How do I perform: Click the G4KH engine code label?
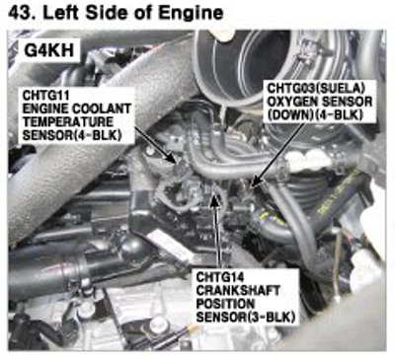(x=49, y=50)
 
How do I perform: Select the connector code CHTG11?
(x=45, y=96)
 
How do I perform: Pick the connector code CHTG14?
(x=220, y=277)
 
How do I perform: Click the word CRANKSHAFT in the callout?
(x=238, y=290)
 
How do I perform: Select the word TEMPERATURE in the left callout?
(x=67, y=122)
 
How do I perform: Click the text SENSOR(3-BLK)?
(x=245, y=318)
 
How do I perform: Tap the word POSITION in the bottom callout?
(x=225, y=304)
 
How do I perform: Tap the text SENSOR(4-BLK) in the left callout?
(x=71, y=135)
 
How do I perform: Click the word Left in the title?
(x=62, y=13)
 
